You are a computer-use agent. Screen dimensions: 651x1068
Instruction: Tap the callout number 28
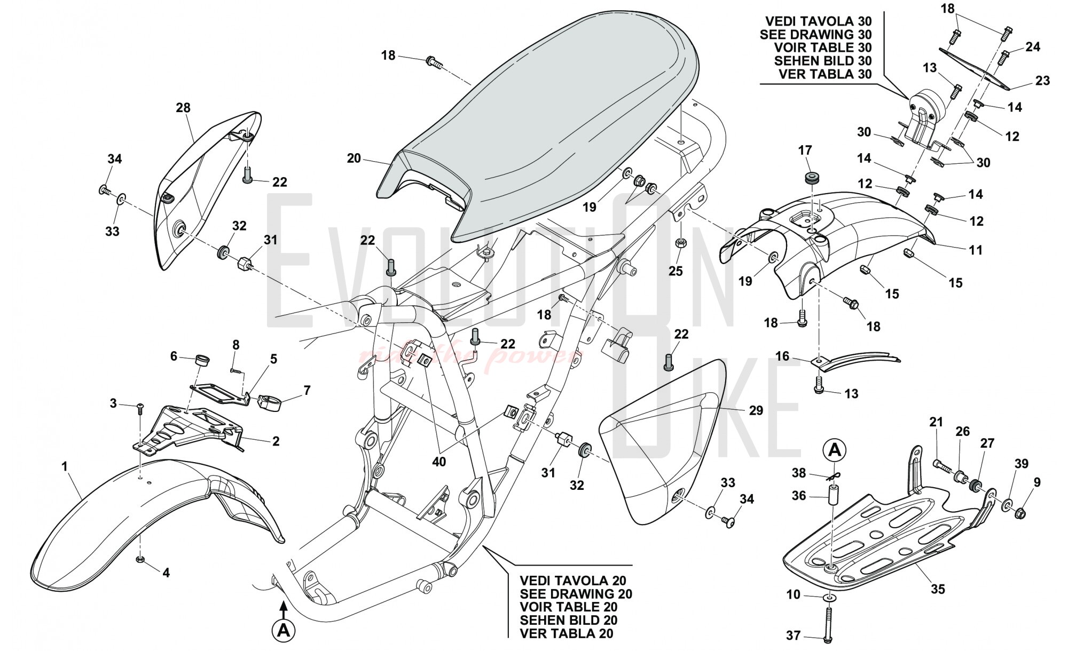click(x=183, y=108)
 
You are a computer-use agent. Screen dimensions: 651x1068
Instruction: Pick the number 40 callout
click(x=439, y=462)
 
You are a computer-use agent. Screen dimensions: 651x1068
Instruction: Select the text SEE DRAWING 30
click(x=815, y=35)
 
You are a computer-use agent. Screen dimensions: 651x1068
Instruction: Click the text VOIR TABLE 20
click(x=569, y=607)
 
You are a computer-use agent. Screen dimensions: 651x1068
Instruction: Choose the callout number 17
click(x=805, y=150)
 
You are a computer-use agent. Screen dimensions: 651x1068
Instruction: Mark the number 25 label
click(x=676, y=271)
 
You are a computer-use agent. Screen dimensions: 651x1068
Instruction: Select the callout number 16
click(x=782, y=356)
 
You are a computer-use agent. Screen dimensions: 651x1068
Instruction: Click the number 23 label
click(x=1042, y=81)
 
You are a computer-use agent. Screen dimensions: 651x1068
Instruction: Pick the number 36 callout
click(x=799, y=496)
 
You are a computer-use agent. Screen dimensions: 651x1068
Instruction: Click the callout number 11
click(x=976, y=250)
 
